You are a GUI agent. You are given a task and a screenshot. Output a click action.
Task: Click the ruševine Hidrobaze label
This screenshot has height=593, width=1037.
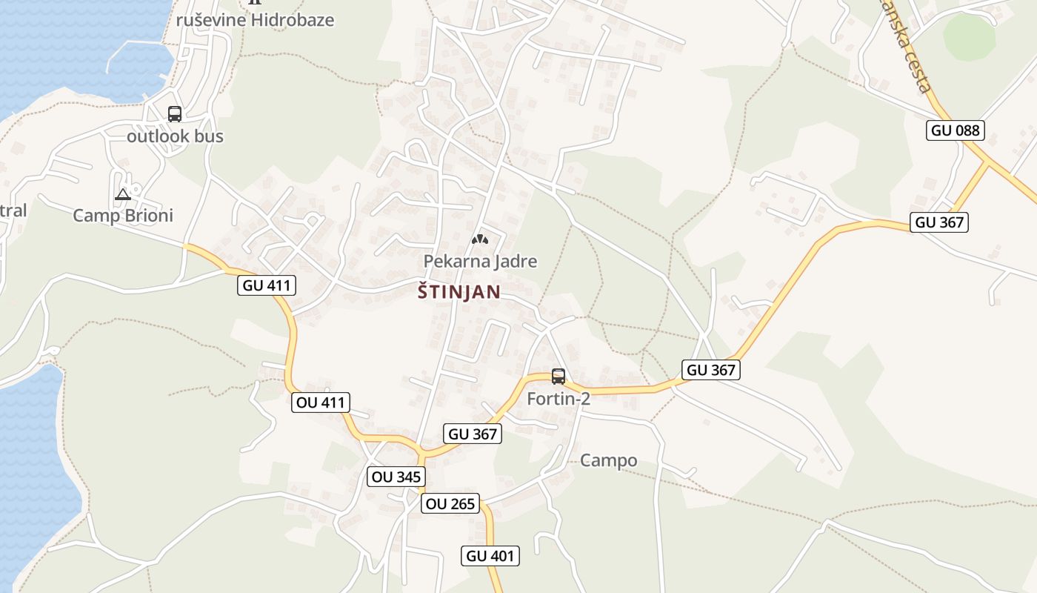pos(256,20)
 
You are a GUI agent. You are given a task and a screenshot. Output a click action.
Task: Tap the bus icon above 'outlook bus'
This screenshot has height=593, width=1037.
pos(175,114)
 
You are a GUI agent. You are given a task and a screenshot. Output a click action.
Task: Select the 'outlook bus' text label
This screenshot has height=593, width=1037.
pos(175,136)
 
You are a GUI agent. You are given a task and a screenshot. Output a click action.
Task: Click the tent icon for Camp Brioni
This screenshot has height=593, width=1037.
pos(123,195)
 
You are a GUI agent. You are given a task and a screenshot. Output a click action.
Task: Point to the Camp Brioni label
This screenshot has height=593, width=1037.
pos(123,216)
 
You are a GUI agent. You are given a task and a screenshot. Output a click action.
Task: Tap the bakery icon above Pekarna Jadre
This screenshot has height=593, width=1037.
pos(480,239)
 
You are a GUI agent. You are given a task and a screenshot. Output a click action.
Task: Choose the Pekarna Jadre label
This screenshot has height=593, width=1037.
pos(480,261)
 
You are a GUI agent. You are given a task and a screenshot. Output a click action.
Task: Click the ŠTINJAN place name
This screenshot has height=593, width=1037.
pos(459,292)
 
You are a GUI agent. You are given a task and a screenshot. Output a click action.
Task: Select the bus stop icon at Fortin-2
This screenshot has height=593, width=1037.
pos(558,377)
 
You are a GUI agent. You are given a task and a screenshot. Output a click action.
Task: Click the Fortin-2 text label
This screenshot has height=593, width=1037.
pos(558,399)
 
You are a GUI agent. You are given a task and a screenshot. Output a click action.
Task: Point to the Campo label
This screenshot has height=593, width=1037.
pos(608,460)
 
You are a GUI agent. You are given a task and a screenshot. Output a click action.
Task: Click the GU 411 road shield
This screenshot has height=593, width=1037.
pos(267,285)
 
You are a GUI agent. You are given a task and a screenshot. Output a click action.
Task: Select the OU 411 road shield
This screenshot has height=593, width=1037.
pos(321,402)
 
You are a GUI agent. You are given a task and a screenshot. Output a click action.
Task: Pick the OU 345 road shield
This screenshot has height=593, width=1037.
pos(396,477)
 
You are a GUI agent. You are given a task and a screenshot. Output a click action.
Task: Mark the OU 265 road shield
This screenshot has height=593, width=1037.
pos(450,504)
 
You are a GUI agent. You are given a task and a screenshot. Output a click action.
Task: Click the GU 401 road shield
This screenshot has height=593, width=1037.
pos(491,556)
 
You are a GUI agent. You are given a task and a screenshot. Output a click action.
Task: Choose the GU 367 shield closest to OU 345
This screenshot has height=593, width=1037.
pos(473,434)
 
